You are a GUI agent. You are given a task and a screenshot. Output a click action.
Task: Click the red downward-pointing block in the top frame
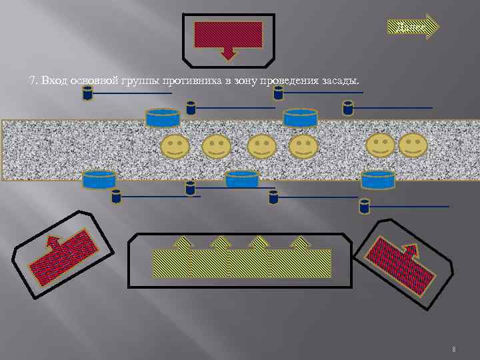pos(228,36)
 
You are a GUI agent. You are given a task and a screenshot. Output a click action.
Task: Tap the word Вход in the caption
pos(52,81)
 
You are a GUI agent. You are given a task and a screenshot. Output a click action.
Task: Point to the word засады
pos(341,81)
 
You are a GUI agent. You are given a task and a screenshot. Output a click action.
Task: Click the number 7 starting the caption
pos(32,81)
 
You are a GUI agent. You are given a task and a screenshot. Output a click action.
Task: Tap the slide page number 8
pos(453,349)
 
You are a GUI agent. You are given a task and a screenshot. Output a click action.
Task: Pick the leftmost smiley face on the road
pos(175,146)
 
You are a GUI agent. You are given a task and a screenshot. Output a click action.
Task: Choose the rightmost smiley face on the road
pos(413,145)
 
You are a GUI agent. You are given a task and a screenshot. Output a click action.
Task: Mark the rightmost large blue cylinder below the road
pos(378,180)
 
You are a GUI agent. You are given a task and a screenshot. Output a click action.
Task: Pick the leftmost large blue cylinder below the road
pos(99,180)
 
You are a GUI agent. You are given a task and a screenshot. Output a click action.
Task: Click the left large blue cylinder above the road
pos(163,118)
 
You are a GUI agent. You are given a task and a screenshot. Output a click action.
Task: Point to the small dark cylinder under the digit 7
pos(87,93)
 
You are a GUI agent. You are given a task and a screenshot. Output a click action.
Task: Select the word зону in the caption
pos(230,81)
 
